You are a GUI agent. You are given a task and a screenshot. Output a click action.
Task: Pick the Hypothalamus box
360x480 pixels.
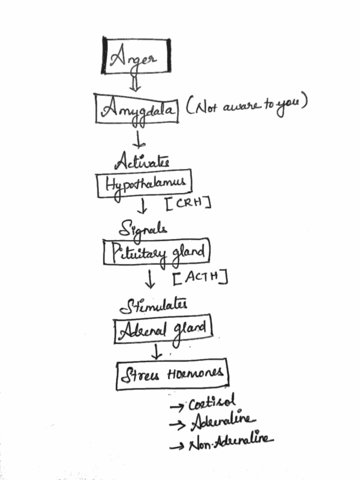click(144, 183)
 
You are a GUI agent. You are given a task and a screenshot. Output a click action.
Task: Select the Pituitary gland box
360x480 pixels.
click(157, 252)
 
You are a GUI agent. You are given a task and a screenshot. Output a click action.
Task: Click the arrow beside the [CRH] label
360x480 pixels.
click(142, 206)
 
